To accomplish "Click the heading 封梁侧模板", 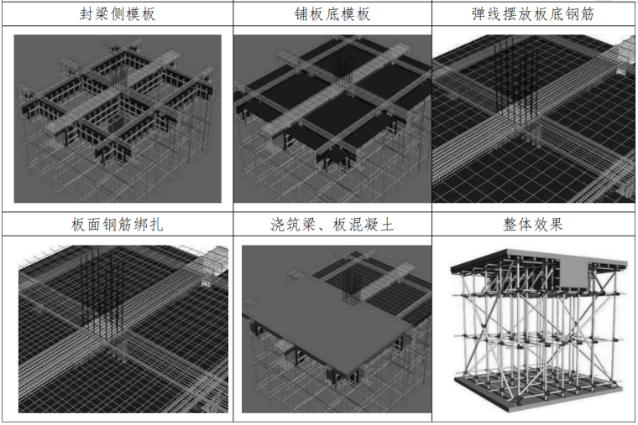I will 117,14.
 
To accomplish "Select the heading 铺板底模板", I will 332,14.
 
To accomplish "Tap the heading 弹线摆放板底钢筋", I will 534,14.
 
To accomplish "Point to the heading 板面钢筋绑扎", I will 117,225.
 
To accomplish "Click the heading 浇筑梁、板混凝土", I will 332,225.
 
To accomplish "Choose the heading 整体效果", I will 534,225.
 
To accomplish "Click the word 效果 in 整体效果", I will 550,225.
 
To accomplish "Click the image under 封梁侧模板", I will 117,118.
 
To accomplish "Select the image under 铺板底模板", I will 332,118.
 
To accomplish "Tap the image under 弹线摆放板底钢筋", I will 534,118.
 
